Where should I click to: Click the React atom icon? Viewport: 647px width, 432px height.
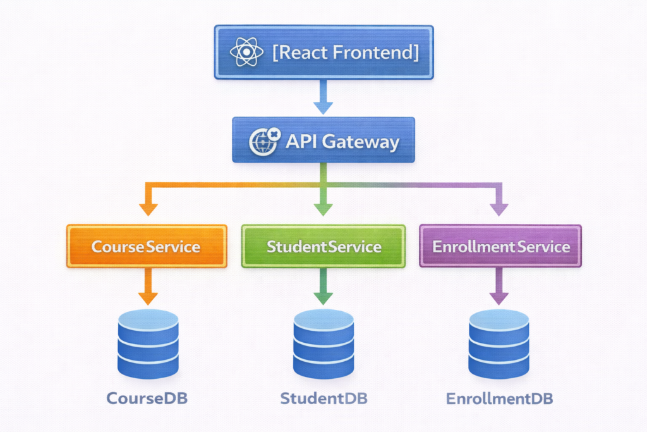[246, 52]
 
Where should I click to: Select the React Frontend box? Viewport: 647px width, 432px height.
[323, 52]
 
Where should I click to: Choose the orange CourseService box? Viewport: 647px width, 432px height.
[147, 246]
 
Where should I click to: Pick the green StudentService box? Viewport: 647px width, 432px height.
[323, 246]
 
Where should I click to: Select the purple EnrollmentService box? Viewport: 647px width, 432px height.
[500, 246]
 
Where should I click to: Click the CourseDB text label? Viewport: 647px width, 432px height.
[147, 398]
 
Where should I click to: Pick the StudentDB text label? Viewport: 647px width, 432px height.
[323, 398]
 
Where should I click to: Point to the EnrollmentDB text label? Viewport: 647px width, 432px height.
[499, 398]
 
